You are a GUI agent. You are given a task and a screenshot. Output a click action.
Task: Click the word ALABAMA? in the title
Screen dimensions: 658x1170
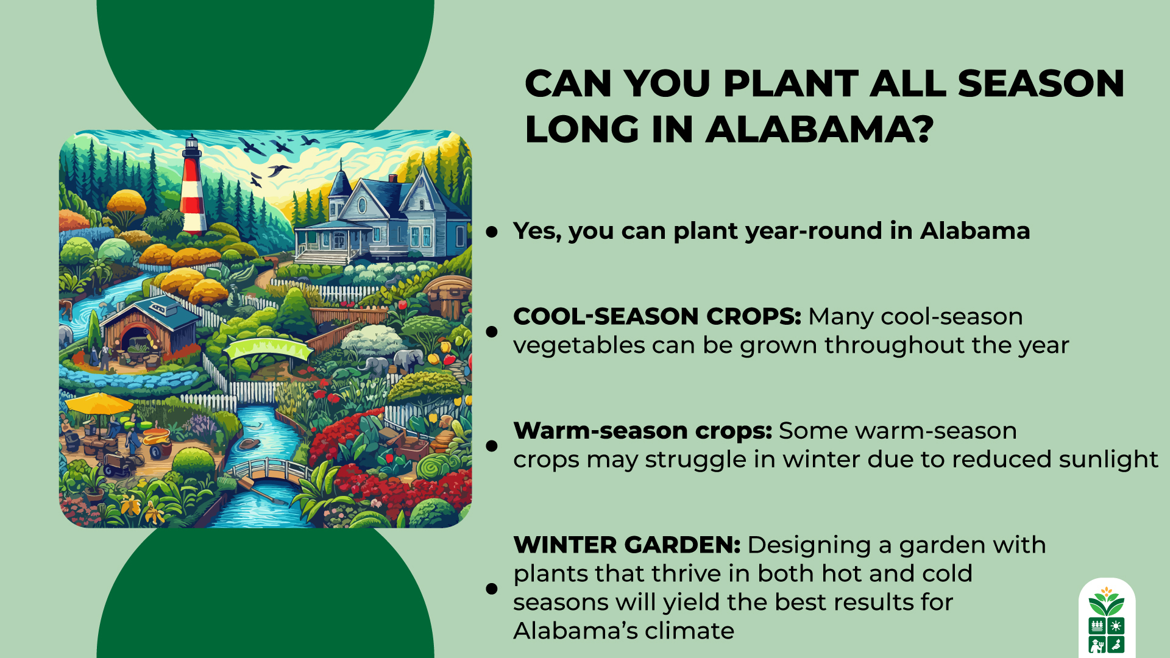click(x=819, y=130)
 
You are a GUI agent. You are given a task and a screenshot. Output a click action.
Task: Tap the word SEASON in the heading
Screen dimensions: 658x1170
click(x=1040, y=83)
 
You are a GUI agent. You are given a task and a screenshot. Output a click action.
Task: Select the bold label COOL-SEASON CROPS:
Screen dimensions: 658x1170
click(x=656, y=317)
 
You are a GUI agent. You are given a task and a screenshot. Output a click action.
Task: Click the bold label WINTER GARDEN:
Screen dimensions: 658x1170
click(x=626, y=545)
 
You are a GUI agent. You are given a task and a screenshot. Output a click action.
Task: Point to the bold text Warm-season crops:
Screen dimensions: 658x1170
click(x=642, y=431)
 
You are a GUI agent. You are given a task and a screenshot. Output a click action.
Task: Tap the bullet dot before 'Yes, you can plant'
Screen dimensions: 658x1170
click(x=492, y=232)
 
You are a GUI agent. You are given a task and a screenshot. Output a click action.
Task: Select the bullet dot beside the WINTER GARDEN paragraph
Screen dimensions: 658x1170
click(x=492, y=589)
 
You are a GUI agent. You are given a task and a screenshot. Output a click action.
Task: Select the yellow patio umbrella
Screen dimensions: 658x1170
click(x=99, y=403)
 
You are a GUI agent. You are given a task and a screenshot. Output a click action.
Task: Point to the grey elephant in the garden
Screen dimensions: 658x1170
click(x=407, y=359)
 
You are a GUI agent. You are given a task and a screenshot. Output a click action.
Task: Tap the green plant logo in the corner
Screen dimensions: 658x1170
click(x=1106, y=618)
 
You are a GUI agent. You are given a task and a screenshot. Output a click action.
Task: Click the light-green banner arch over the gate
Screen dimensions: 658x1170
click(x=268, y=348)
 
